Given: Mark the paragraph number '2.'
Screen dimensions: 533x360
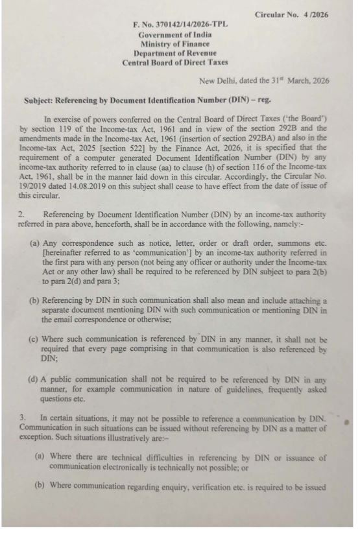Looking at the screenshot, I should pos(29,211).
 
